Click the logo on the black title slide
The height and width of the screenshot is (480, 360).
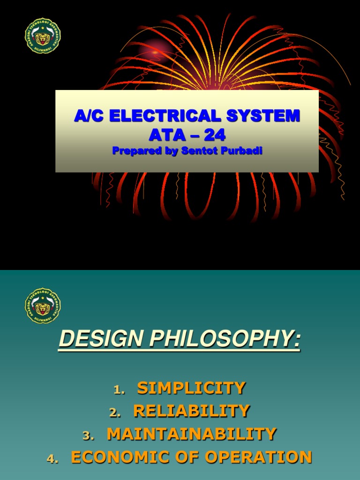(43, 36)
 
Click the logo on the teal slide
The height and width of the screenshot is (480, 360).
(43, 306)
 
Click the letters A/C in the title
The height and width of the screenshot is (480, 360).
(88, 116)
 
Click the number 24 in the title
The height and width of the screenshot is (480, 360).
(214, 135)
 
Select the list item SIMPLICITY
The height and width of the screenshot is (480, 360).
(191, 388)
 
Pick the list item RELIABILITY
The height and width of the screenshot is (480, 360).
(191, 411)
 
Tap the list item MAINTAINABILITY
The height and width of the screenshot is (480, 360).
(191, 434)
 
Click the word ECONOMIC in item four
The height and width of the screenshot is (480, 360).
(117, 457)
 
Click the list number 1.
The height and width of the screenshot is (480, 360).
(119, 390)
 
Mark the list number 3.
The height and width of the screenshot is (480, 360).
(88, 435)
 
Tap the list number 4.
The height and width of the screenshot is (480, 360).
(52, 458)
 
